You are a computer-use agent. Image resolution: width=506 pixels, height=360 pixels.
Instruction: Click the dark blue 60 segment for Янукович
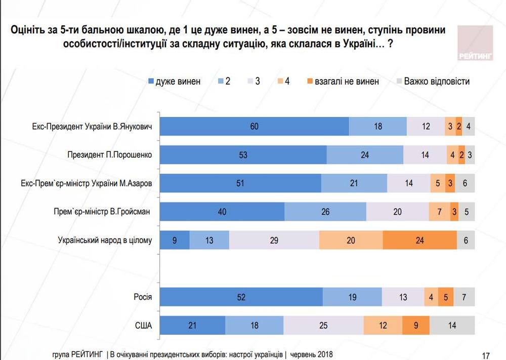click(255, 126)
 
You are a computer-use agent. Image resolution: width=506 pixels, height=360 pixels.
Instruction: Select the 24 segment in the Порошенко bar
click(365, 155)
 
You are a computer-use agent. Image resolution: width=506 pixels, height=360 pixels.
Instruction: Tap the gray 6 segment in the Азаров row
click(465, 183)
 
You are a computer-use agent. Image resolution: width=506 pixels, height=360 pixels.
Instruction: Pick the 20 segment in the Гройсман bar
click(397, 212)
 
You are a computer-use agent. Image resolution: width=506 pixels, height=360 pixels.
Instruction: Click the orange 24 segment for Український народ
click(419, 241)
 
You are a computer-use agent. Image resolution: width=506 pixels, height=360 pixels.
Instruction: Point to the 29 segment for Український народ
click(274, 241)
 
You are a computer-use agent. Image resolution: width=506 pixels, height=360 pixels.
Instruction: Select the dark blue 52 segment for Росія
click(241, 297)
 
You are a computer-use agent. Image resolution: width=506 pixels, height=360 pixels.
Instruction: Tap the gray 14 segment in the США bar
click(452, 326)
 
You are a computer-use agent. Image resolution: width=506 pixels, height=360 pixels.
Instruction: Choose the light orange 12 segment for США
click(383, 326)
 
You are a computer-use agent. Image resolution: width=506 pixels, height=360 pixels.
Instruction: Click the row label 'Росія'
click(143, 297)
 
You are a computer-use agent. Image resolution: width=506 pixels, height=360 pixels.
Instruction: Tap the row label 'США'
click(143, 326)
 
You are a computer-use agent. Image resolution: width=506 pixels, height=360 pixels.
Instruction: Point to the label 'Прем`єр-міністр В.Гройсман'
click(103, 212)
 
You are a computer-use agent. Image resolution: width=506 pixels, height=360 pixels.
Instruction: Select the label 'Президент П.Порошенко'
click(109, 155)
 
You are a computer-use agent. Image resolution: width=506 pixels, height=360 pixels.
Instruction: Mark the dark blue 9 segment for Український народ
click(175, 241)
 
